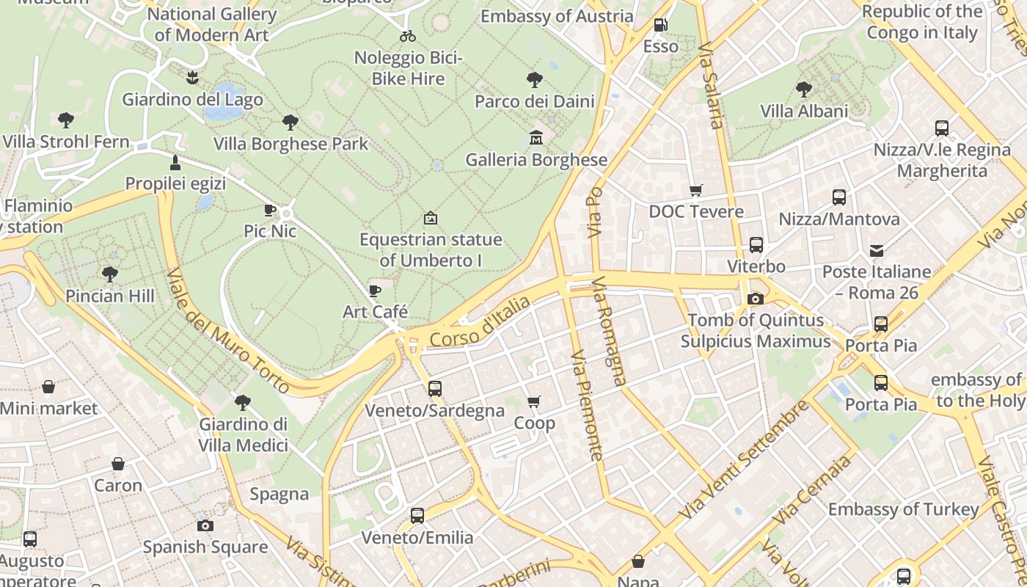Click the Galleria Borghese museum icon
536,137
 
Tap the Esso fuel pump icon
660,25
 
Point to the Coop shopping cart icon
534,401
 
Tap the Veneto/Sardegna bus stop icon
435,388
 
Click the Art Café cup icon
375,291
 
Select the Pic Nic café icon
270,210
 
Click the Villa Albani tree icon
803,90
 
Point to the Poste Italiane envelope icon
876,250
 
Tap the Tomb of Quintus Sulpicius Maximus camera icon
755,299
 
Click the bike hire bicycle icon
408,35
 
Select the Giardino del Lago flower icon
192,76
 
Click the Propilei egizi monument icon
175,161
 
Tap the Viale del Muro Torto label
227,329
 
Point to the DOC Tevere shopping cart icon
695,190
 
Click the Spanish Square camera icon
205,525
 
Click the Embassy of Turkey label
903,509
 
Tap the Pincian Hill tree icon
110,274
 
